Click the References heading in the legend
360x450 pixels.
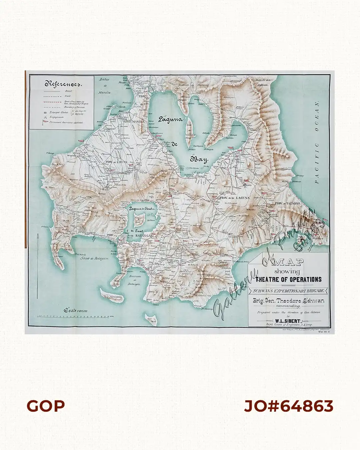pos(62,84)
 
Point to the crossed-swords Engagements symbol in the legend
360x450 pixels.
pos(45,118)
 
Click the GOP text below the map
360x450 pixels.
pos(46,406)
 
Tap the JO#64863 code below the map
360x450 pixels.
pos(288,406)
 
